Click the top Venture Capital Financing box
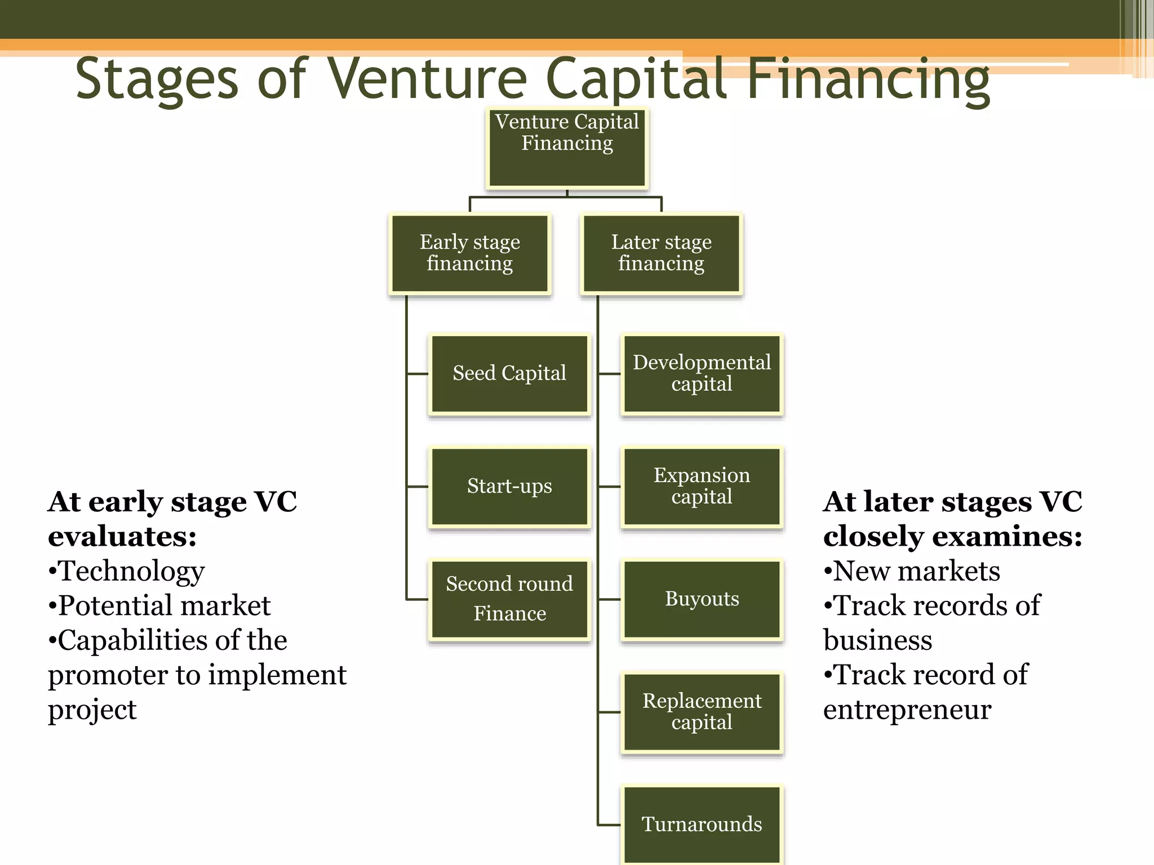click(x=567, y=148)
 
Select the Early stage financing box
click(x=469, y=253)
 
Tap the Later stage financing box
click(x=661, y=253)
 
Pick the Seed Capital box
click(x=509, y=374)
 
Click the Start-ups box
click(x=509, y=487)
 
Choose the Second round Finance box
click(x=509, y=599)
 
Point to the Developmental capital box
click(x=702, y=374)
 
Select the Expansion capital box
click(x=702, y=487)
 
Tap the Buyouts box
click(x=702, y=599)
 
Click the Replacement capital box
click(x=702, y=712)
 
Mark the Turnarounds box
click(x=702, y=824)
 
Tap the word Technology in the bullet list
click(x=132, y=572)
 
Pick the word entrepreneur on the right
click(x=907, y=710)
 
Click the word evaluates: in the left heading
click(x=122, y=537)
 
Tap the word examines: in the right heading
click(x=1007, y=537)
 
